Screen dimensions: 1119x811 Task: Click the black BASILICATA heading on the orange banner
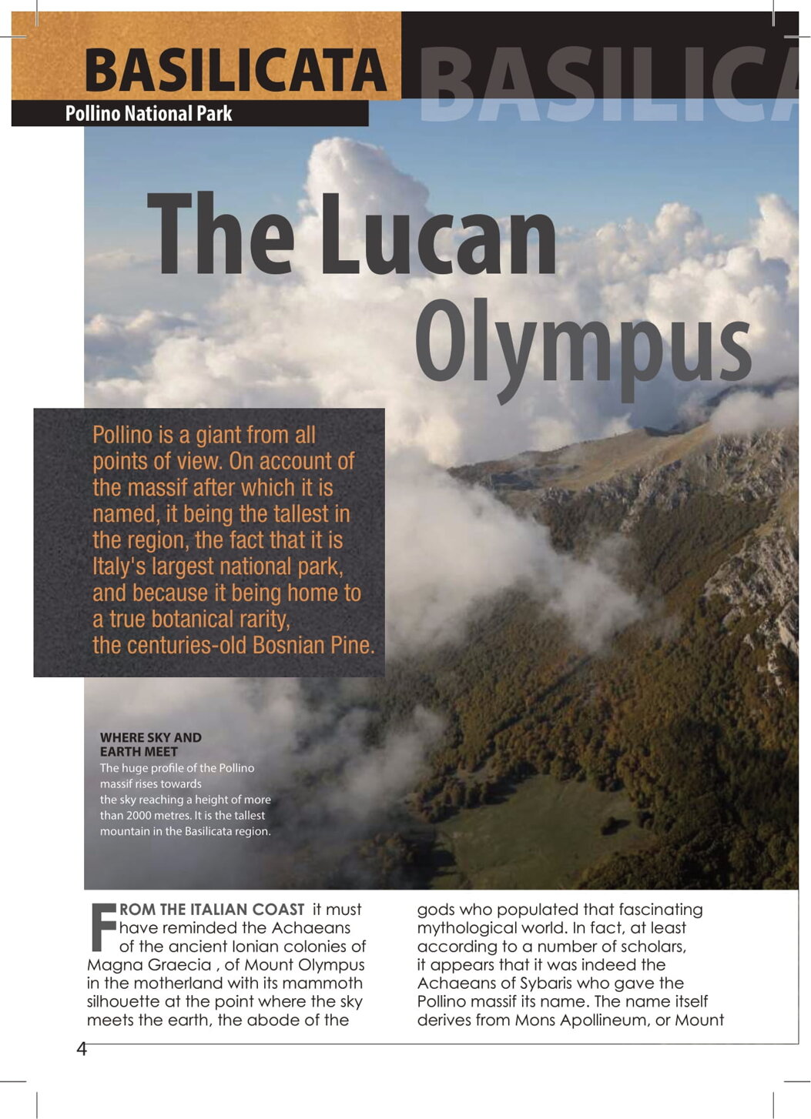click(235, 70)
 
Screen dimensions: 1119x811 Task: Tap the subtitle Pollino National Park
click(148, 114)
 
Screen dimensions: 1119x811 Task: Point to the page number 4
click(82, 1049)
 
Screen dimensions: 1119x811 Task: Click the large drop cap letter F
click(102, 926)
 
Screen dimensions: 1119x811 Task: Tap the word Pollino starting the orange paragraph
click(122, 435)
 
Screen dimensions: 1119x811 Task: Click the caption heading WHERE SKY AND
click(151, 737)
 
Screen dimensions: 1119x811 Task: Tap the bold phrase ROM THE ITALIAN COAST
click(212, 910)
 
